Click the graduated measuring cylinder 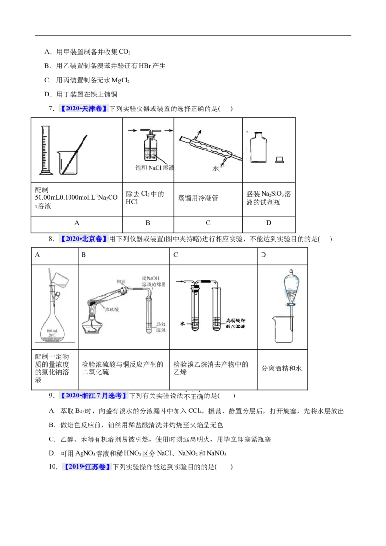pyautogui.click(x=45, y=150)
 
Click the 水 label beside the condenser pyautogui.click(x=216, y=169)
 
